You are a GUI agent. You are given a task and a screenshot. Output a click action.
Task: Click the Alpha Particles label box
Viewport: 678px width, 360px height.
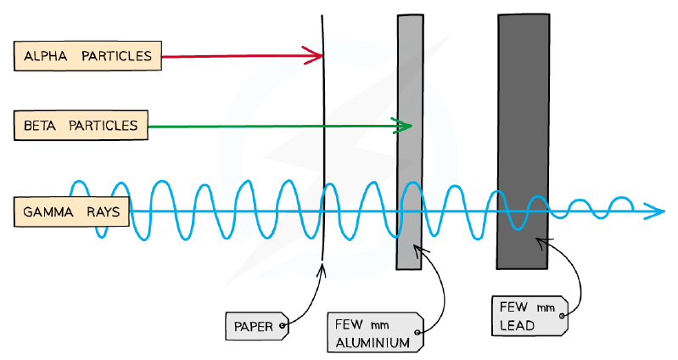click(x=87, y=56)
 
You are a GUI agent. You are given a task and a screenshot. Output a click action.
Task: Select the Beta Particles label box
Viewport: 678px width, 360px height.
click(x=81, y=126)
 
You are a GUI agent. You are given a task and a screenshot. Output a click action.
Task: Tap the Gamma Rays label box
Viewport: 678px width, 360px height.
click(x=71, y=211)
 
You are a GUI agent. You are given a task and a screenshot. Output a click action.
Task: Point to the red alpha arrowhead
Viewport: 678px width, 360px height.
click(x=313, y=55)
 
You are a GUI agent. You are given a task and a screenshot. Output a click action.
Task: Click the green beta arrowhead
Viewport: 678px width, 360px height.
click(x=401, y=126)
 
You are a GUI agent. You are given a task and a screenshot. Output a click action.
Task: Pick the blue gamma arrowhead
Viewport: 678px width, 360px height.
click(x=653, y=211)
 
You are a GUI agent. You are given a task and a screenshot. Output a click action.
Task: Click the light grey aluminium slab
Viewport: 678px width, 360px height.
click(x=410, y=142)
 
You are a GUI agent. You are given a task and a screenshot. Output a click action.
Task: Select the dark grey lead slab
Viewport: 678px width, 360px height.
click(x=524, y=142)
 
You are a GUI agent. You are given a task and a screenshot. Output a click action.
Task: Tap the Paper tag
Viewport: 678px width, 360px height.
click(x=257, y=326)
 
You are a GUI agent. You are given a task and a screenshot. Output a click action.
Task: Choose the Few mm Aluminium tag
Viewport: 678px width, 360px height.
click(x=375, y=332)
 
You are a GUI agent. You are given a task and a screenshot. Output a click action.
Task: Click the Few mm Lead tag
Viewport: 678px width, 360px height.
click(x=530, y=316)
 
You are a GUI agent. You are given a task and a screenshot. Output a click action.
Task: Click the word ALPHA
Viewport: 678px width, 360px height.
click(x=46, y=56)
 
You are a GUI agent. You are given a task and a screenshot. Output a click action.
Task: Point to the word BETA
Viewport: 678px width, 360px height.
click(x=40, y=126)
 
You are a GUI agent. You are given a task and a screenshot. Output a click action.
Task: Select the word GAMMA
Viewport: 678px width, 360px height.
click(x=48, y=212)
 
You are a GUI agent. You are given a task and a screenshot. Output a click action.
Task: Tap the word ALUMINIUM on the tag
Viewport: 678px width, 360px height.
click(x=373, y=343)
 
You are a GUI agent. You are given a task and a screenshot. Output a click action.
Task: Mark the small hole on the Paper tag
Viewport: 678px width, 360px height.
click(x=282, y=325)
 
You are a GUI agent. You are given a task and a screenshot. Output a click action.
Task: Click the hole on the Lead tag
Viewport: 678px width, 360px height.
click(x=562, y=316)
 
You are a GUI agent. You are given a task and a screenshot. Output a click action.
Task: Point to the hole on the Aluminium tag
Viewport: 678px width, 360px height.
click(x=417, y=332)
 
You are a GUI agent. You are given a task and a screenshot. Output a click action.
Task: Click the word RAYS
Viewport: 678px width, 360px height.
click(x=103, y=212)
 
